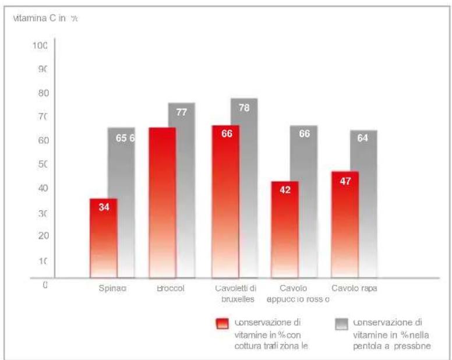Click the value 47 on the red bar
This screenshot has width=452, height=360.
pyautogui.click(x=345, y=181)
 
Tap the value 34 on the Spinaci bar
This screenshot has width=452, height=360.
pyautogui.click(x=104, y=207)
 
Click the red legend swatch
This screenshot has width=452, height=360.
pyautogui.click(x=223, y=324)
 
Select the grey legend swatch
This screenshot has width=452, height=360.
pyautogui.click(x=342, y=324)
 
